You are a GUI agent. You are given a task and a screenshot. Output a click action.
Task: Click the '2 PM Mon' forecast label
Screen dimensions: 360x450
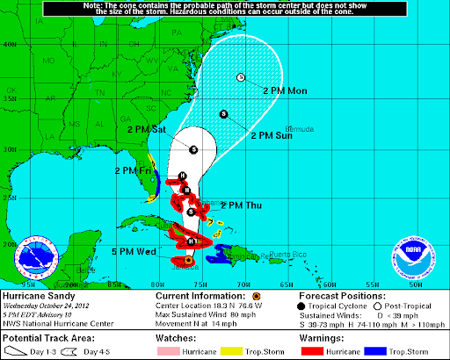click(x=286, y=91)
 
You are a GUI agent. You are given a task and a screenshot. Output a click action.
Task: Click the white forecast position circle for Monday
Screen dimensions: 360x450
click(x=240, y=78)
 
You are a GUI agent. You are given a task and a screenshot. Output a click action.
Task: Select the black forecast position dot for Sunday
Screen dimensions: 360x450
click(x=223, y=113)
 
